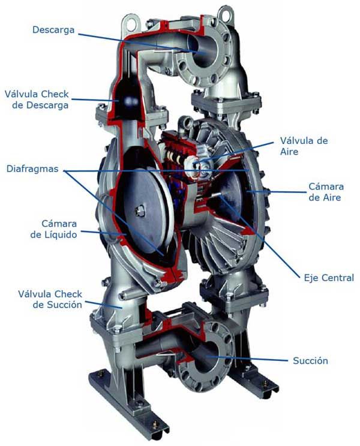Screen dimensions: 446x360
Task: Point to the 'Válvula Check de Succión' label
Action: coord(50,299)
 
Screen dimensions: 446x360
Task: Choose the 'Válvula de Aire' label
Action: coord(304,146)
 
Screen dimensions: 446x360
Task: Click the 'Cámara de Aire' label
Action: coord(325,192)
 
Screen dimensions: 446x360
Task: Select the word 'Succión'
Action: coord(310,361)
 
